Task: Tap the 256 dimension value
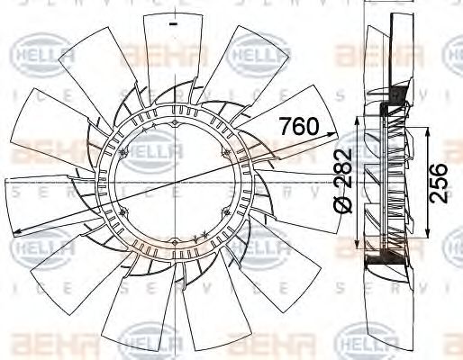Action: click(438, 184)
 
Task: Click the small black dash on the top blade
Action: click(169, 24)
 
